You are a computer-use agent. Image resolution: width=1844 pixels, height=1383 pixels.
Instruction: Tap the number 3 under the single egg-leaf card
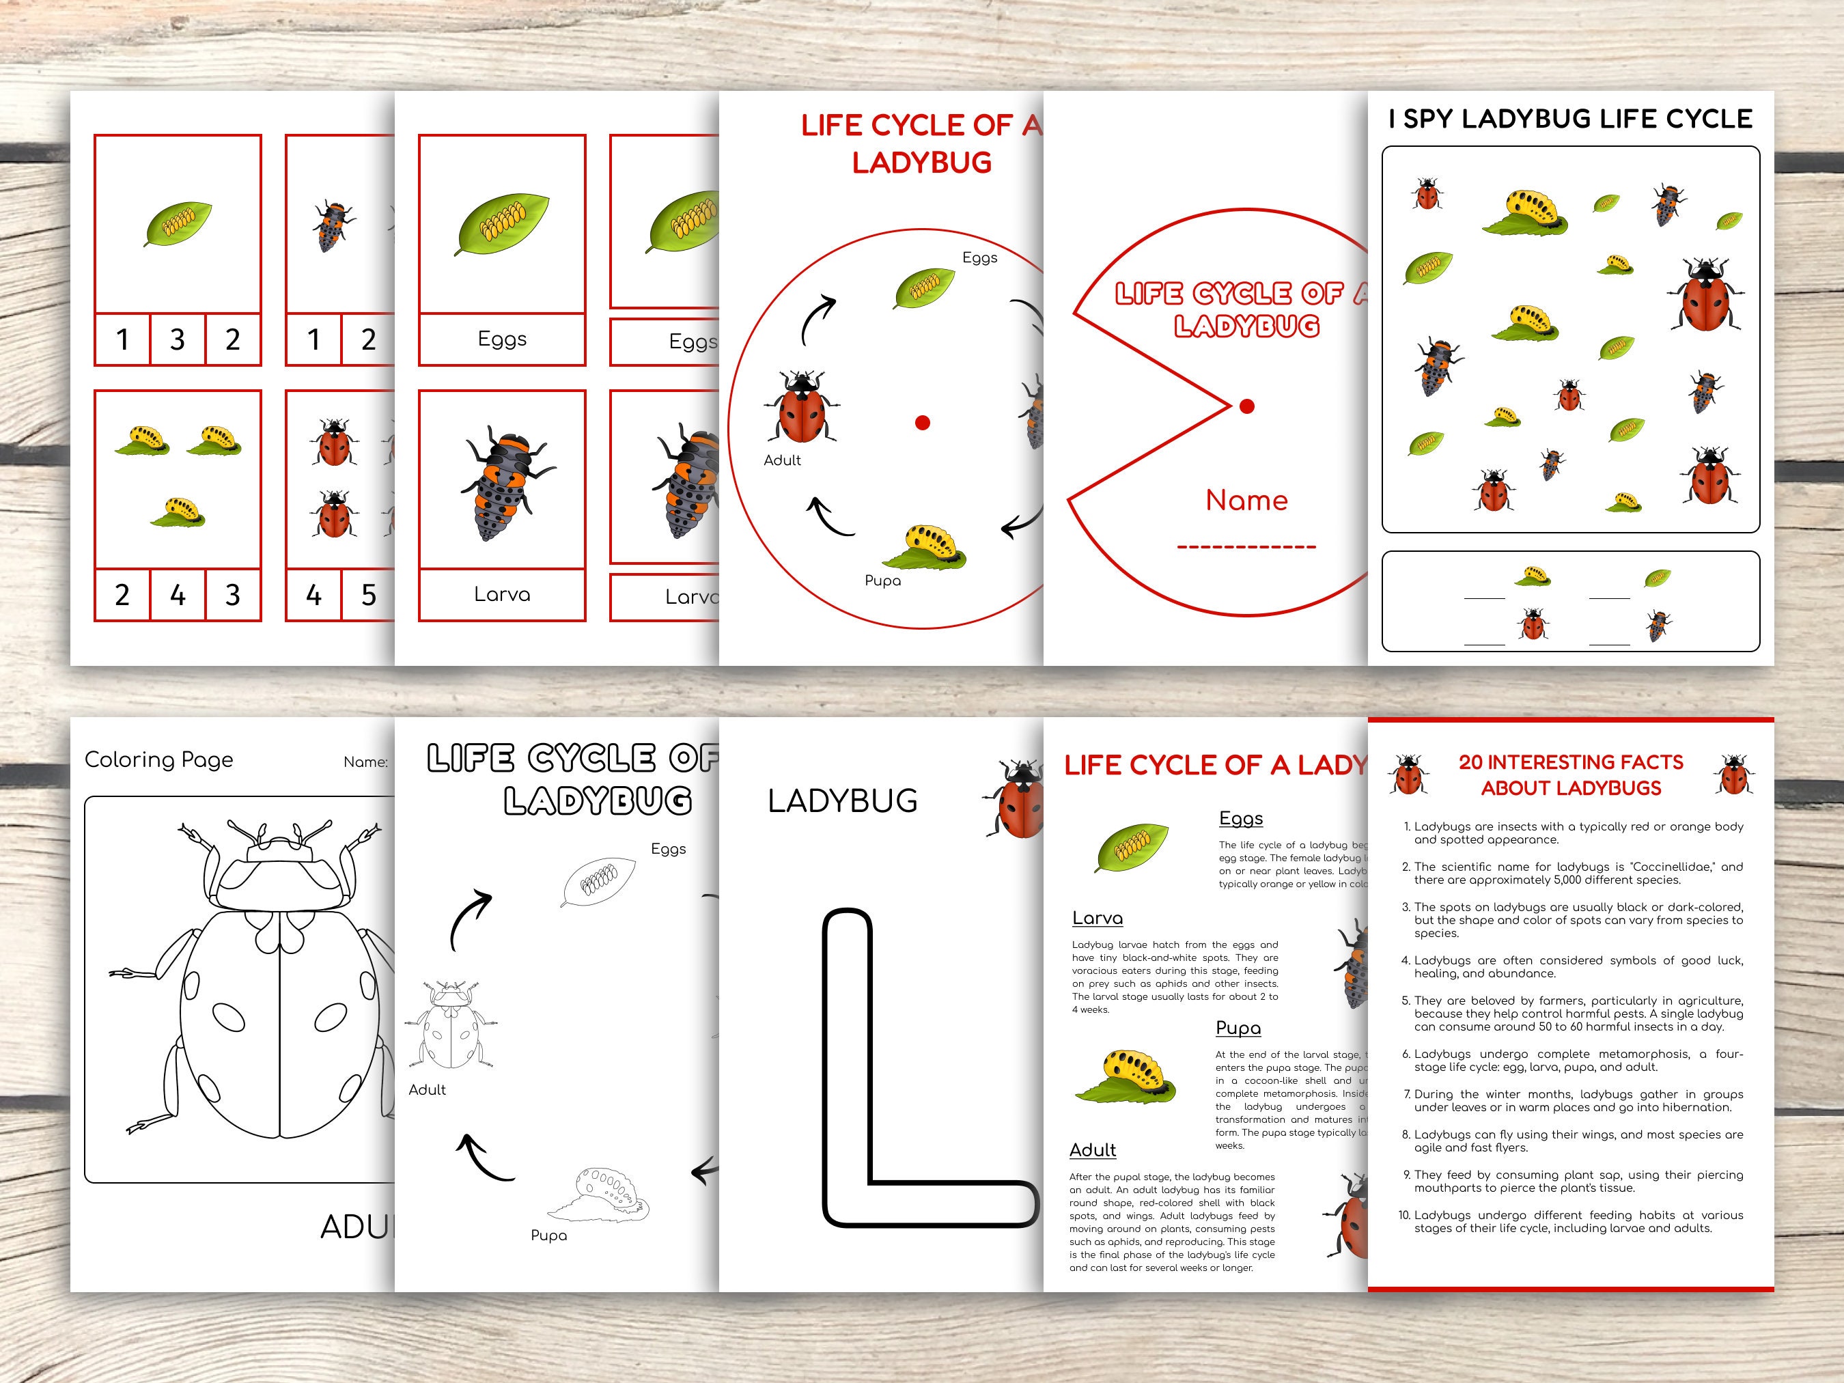tap(177, 339)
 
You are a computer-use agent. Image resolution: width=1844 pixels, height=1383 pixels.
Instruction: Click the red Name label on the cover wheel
tap(1246, 500)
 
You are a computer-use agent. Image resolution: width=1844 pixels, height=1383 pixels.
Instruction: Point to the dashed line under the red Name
tap(1246, 548)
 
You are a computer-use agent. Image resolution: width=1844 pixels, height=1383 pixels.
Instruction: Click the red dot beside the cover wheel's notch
tap(1247, 407)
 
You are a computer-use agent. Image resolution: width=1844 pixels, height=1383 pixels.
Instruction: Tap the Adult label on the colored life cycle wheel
tap(782, 460)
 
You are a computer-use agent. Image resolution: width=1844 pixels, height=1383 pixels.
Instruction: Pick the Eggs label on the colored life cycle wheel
tap(979, 257)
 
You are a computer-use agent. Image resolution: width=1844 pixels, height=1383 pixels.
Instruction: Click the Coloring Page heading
tap(158, 759)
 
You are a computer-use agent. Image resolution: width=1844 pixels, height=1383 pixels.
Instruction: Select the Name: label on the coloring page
tap(365, 762)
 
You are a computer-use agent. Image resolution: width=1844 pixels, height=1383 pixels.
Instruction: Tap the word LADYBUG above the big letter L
tap(842, 801)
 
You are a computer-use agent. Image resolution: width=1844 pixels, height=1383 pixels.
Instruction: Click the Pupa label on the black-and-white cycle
tap(548, 1235)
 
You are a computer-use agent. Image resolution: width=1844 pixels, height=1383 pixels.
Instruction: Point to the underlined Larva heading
tap(1097, 919)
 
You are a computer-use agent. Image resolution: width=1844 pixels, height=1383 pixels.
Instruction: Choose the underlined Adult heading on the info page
tap(1092, 1150)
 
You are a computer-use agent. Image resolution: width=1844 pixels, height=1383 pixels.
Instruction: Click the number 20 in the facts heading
tap(1471, 763)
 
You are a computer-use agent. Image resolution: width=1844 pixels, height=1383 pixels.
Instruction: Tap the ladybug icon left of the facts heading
tap(1409, 774)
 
